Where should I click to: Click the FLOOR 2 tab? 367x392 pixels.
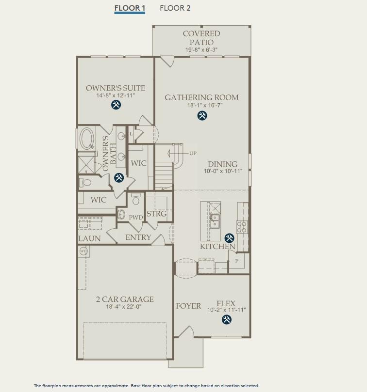coord(175,8)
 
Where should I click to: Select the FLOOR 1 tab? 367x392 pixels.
coord(130,8)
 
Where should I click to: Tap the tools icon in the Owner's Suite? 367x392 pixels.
coord(116,105)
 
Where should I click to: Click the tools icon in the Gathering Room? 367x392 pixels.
coord(202,115)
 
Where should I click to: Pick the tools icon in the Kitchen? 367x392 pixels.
coord(229,237)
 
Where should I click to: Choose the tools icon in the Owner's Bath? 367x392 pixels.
coord(118,178)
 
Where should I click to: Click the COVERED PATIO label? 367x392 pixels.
coord(201,38)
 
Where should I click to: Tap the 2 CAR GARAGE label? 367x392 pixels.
coord(124,299)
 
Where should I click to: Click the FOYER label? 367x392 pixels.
coord(188,306)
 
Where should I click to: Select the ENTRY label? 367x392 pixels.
coord(138,237)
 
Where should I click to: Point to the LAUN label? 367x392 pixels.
coord(89,238)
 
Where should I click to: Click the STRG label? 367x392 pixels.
coord(156,214)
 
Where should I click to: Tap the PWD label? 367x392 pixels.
coord(135,218)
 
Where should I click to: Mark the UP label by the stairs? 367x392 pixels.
coord(193,154)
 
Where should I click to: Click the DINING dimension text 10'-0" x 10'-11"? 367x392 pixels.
coord(223,172)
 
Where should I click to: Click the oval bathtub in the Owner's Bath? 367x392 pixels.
coord(88,139)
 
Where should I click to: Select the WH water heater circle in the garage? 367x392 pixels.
coord(83,251)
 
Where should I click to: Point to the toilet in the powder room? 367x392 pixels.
coord(136,200)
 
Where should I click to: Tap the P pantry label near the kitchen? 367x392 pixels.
coord(236,261)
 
